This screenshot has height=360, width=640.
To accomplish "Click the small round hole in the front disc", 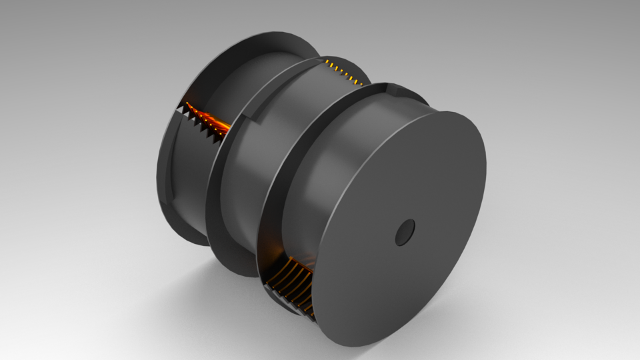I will point(405,232).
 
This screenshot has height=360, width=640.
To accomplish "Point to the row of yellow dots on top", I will point(345,72).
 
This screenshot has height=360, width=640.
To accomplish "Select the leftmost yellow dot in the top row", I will point(328,62).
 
